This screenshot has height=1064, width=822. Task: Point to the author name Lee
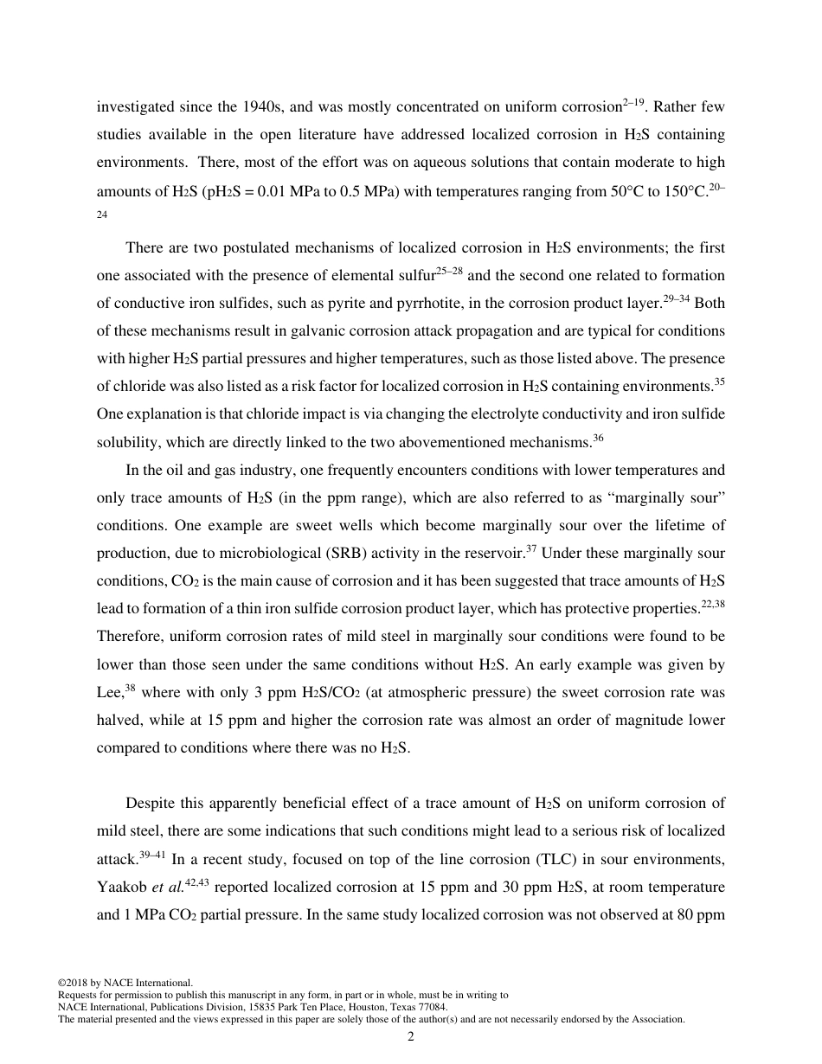pos(110,693)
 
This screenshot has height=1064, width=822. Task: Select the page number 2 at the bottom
pos(411,1036)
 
